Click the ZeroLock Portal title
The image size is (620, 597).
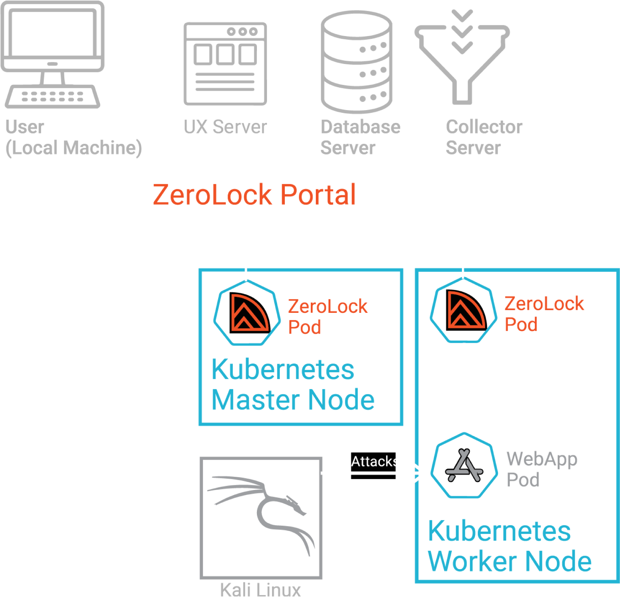coord(254,194)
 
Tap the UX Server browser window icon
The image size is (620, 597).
coord(225,64)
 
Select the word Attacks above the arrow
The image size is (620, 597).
coord(375,461)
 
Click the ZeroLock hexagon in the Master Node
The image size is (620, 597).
coord(247,313)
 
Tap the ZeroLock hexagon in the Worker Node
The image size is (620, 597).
coord(463,310)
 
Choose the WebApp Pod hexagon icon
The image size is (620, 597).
coord(464,466)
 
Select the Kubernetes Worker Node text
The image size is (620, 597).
coord(509,546)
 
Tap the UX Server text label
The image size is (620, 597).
coord(225,127)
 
